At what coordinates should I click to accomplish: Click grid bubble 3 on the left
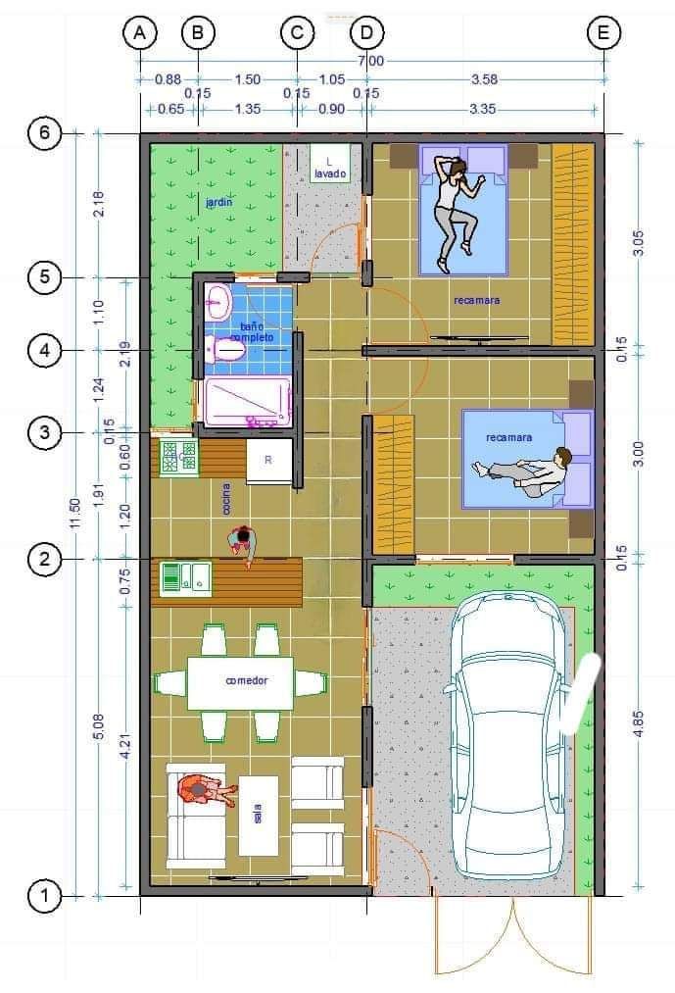45,431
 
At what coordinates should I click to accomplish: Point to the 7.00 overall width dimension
371,61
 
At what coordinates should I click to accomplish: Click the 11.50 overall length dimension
76,515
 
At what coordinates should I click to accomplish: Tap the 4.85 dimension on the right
639,720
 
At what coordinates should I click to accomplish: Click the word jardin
219,203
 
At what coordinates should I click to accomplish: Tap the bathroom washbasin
218,301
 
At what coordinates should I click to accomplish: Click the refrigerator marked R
267,461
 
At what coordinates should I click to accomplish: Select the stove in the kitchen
178,458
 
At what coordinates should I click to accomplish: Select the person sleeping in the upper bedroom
456,208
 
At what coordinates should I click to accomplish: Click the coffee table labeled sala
259,815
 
